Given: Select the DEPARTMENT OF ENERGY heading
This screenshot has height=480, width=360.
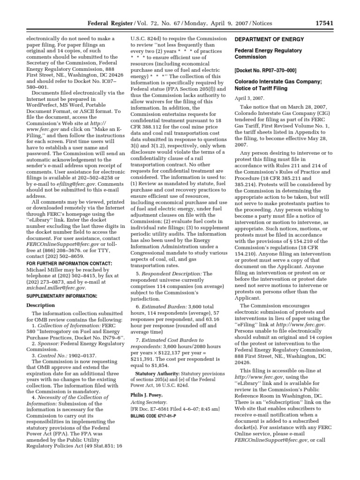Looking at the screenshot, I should point(269,39).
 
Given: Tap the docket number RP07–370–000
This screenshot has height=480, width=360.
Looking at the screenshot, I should point(265,70).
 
